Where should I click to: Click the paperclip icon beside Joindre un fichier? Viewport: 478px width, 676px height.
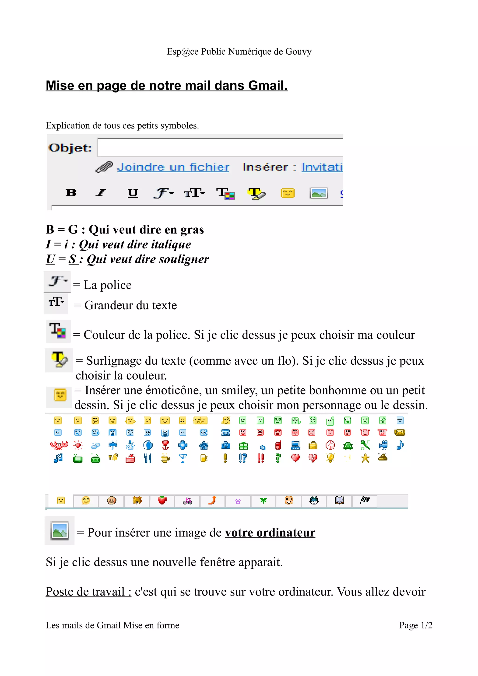(x=104, y=167)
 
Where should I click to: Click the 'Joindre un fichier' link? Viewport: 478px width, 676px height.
(x=173, y=167)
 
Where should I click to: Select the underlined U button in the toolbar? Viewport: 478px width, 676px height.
(x=133, y=193)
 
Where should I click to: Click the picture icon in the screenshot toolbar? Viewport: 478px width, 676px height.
(x=318, y=193)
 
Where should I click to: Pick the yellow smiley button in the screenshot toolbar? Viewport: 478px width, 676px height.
(x=288, y=193)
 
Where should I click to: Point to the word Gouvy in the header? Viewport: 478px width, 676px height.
(x=298, y=52)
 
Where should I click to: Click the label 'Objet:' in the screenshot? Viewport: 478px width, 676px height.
(x=70, y=147)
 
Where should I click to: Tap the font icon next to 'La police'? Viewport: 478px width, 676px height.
(x=57, y=282)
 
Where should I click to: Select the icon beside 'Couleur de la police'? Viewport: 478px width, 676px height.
(x=58, y=331)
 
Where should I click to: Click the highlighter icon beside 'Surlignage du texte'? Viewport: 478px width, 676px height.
(x=59, y=360)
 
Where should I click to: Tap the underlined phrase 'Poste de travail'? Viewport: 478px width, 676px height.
(x=88, y=592)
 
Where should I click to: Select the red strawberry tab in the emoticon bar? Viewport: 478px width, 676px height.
(x=162, y=500)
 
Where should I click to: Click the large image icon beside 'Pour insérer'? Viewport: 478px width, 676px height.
(x=60, y=530)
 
